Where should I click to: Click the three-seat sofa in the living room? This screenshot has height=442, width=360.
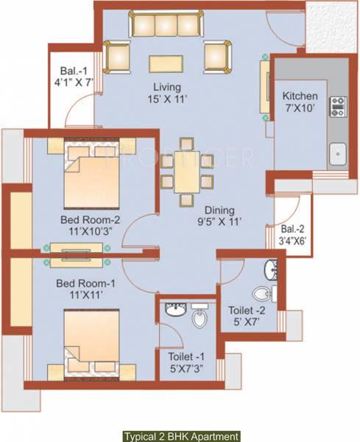[x=168, y=24]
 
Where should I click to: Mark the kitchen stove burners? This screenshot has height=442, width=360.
[x=338, y=108]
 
